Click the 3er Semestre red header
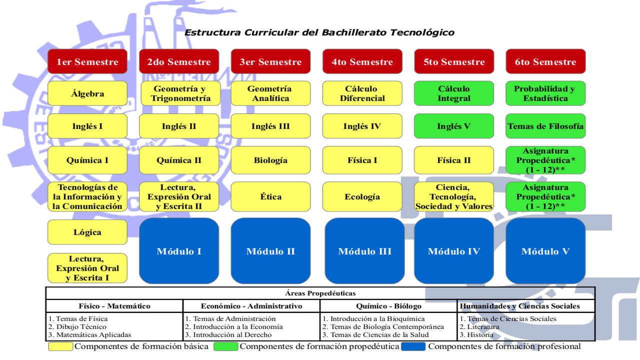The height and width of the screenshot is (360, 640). tap(270, 61)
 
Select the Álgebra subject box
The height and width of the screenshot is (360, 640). tap(87, 93)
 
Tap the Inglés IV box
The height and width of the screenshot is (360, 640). tap(362, 126)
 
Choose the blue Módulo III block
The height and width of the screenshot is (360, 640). tap(364, 251)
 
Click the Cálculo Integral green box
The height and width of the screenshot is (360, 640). tap(454, 93)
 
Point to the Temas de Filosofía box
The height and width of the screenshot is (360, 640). tap(545, 126)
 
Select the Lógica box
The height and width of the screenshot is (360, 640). tap(87, 232)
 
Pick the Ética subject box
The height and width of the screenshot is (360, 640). tap(270, 196)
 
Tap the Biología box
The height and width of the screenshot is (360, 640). tap(270, 160)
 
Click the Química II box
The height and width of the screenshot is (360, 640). tap(179, 160)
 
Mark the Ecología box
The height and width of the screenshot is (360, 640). tap(362, 196)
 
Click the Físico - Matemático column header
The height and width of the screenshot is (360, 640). tap(114, 306)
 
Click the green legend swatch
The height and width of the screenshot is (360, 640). tap(225, 346)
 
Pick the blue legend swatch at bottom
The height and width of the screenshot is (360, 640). tap(413, 346)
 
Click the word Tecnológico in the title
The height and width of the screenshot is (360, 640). tap(422, 32)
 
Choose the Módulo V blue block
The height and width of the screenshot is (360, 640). tap(545, 251)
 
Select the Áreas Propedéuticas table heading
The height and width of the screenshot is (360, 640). tap(320, 293)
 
